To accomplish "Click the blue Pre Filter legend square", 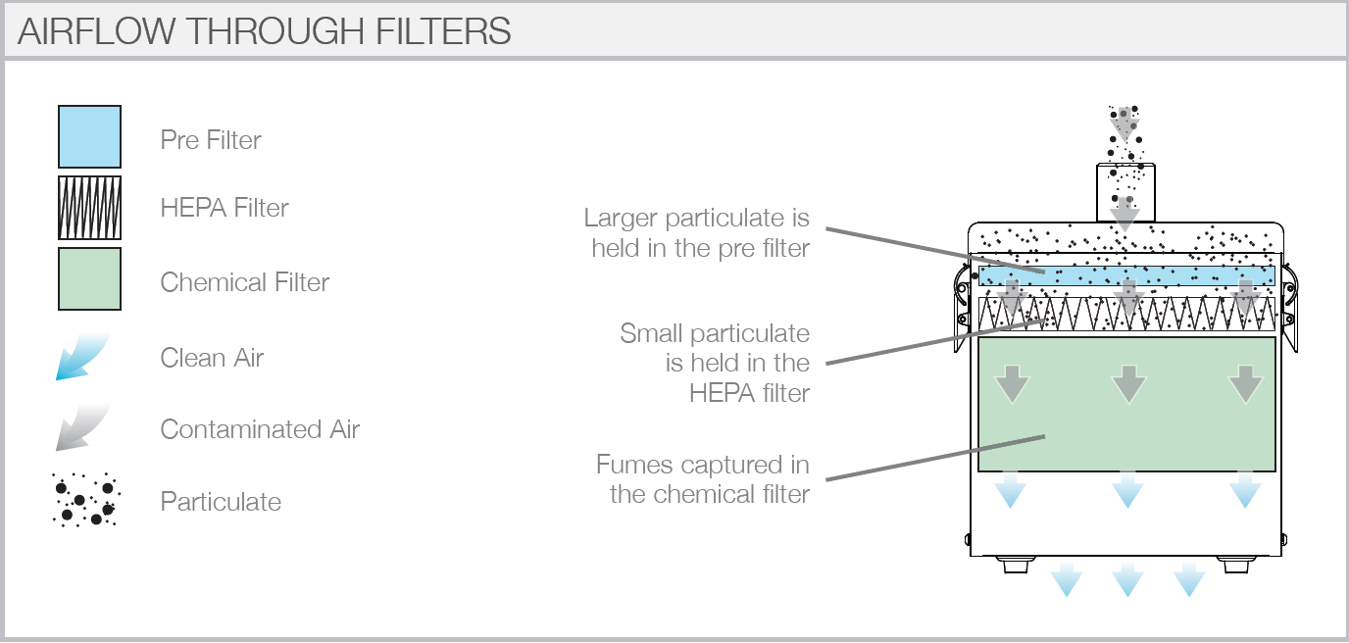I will tap(89, 137).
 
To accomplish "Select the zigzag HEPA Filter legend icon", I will tap(89, 208).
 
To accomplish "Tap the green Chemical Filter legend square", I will tap(89, 279).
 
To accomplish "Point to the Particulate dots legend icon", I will tap(85, 500).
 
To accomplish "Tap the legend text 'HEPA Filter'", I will tap(225, 208).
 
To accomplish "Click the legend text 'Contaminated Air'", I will tap(260, 429).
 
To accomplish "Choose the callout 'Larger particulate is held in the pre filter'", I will tap(697, 232).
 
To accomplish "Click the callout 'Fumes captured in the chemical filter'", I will tap(703, 478).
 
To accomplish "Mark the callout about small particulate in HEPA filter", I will tap(716, 363).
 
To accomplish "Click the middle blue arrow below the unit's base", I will tap(1127, 579).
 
